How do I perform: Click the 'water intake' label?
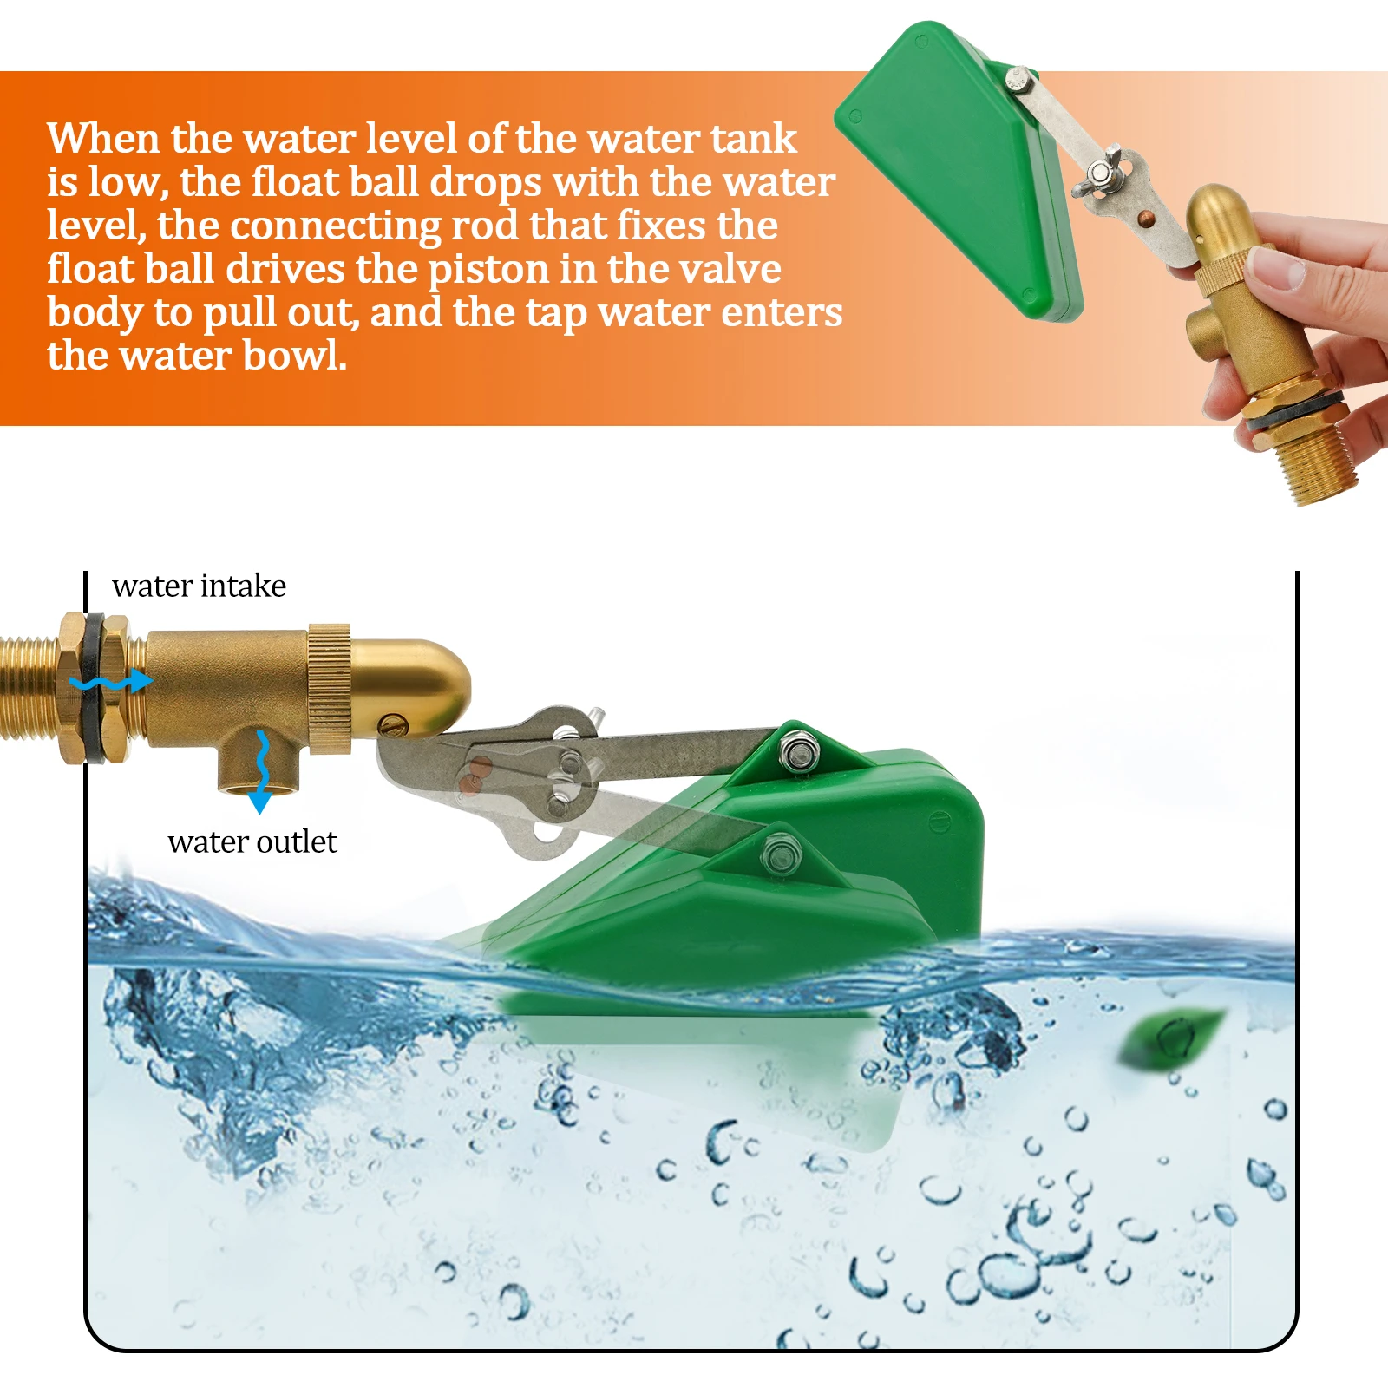[x=199, y=586]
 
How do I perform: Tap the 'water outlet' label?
[x=252, y=842]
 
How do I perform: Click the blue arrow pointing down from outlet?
[x=260, y=773]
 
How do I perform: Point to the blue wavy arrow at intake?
[x=111, y=682]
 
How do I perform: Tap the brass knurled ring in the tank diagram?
[x=329, y=688]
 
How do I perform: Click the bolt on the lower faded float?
[x=776, y=854]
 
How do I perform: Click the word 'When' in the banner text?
[x=103, y=139]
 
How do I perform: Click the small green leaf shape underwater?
[x=1172, y=1038]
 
